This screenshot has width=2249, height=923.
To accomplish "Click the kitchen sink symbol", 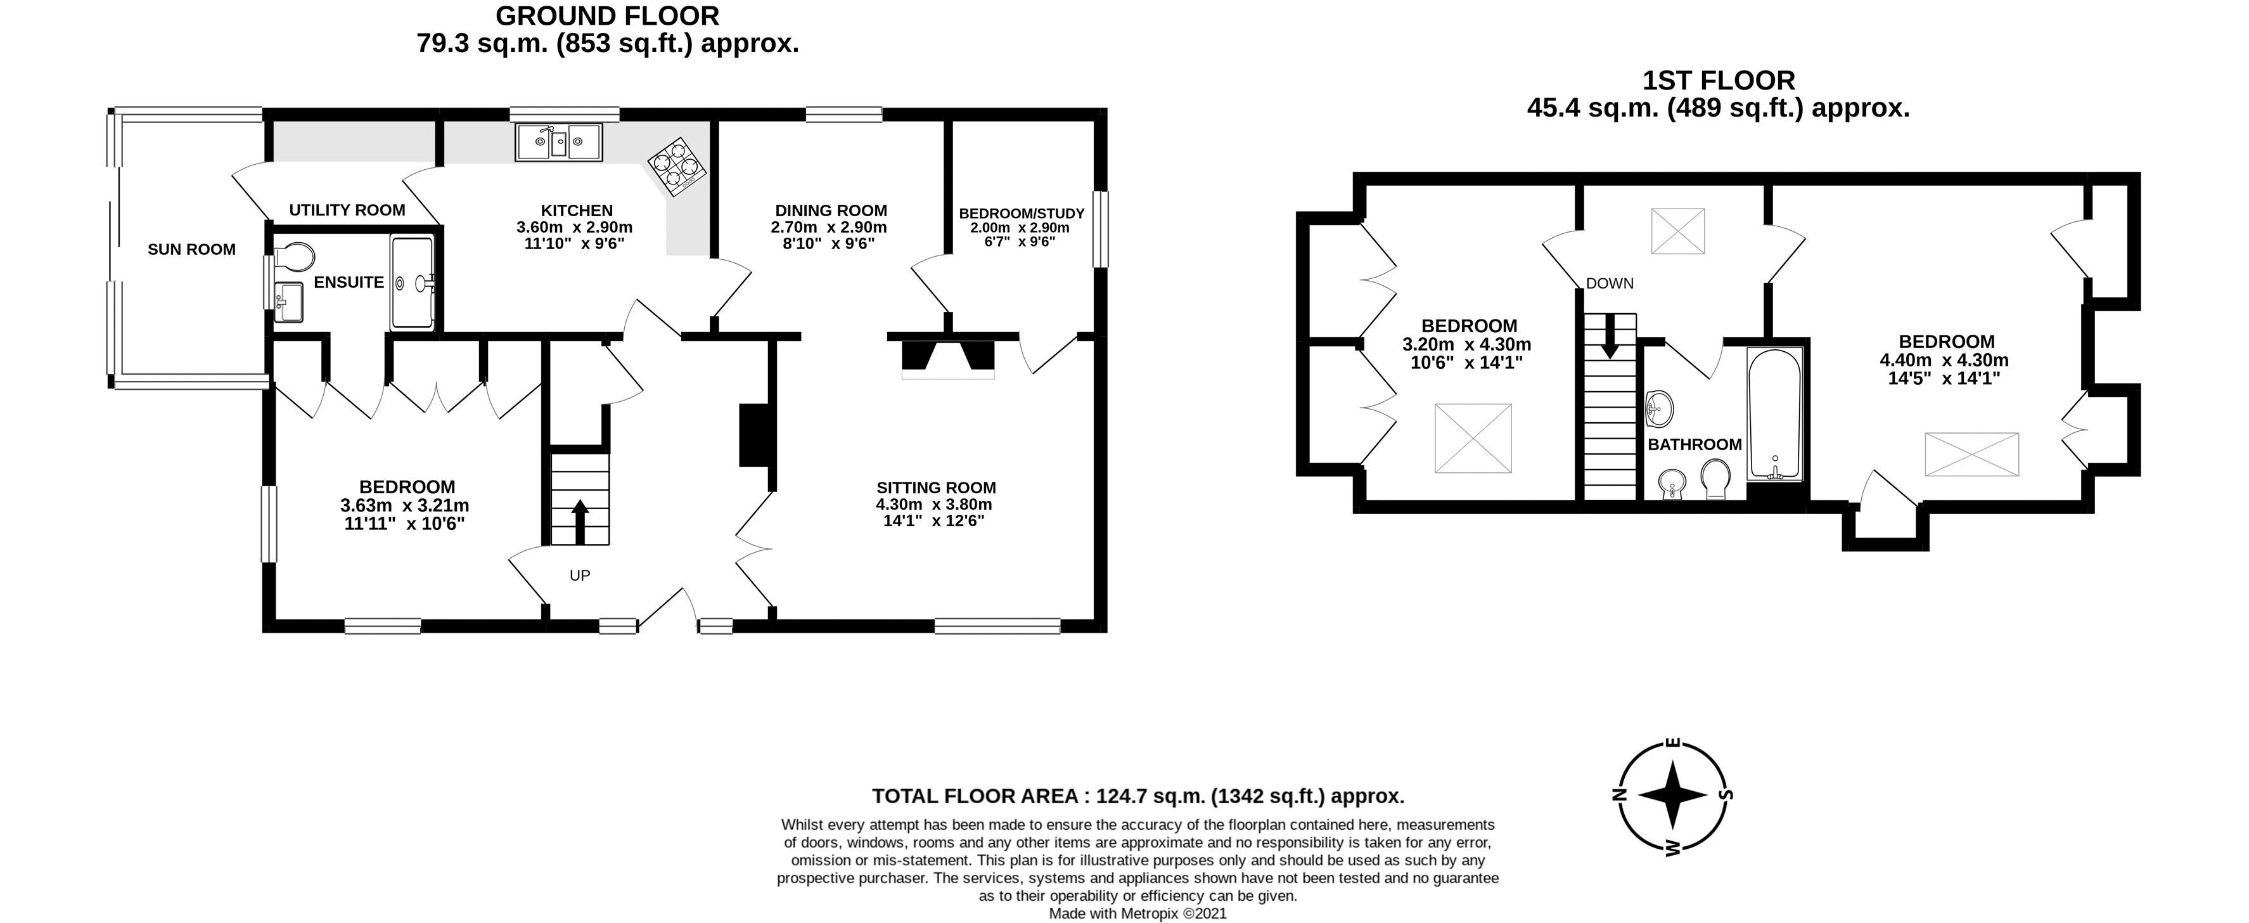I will point(558,143).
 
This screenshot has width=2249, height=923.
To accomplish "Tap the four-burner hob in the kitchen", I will point(676,167).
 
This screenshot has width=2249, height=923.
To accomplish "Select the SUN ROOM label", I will point(191,250).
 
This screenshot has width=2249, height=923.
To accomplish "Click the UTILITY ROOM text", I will point(347,210).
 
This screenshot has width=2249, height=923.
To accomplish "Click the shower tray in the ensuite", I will point(412,282).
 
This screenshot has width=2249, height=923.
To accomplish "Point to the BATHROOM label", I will point(1694,444).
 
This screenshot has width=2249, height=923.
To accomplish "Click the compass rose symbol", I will point(1672,796).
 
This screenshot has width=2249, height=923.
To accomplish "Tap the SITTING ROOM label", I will point(936,488).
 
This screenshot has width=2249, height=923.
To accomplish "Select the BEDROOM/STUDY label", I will point(1021,214).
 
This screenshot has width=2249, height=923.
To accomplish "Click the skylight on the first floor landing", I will point(1677,231).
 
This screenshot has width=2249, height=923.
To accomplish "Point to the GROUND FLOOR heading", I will point(607,16).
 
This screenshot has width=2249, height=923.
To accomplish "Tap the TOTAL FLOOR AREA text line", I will point(1137,796).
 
